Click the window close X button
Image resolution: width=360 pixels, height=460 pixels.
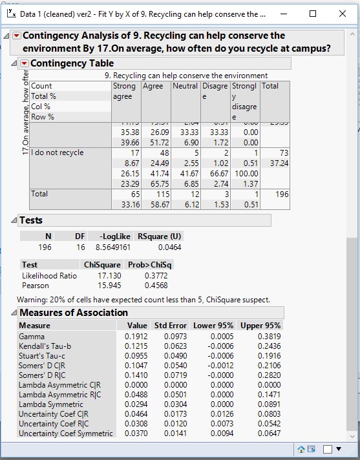coord(342,14)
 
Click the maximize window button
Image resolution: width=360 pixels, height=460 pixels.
coord(313,14)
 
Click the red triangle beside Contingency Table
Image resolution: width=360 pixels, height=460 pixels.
coord(25,63)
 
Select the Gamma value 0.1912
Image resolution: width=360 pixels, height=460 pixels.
coord(137,337)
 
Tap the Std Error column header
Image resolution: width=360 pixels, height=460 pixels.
coord(170,326)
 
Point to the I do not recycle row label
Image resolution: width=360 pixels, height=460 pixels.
coord(58,152)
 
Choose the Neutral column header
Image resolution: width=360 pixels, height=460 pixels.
coord(185,86)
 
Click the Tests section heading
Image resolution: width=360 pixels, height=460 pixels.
coord(31,220)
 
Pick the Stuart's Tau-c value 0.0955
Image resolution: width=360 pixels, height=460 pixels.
coord(137,356)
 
